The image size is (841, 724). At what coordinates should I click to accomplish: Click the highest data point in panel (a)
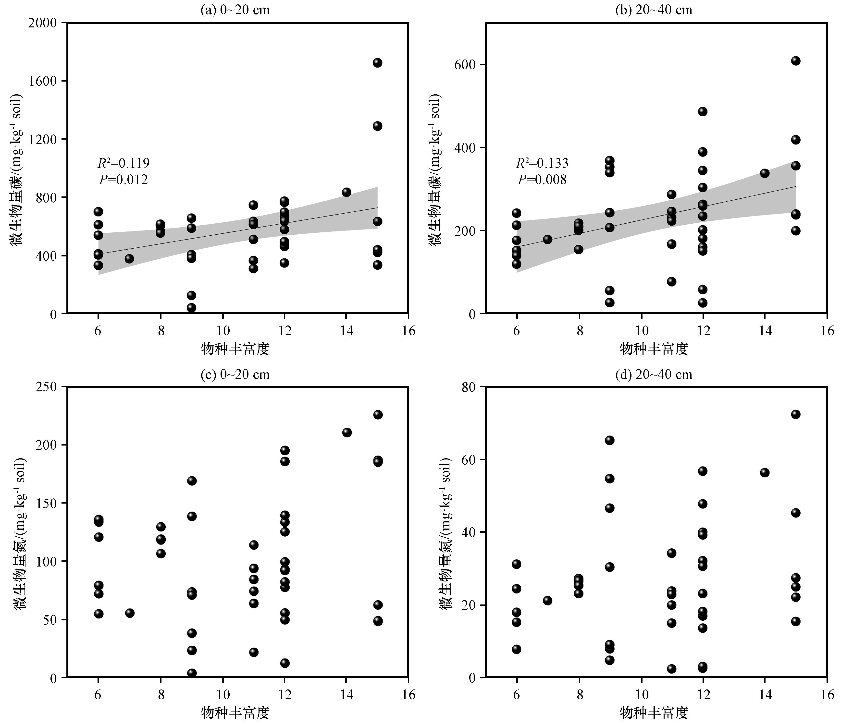click(377, 63)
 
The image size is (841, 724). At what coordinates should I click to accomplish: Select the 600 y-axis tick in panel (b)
click(467, 64)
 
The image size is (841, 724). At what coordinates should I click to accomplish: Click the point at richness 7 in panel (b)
click(547, 239)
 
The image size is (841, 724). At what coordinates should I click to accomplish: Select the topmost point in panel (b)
click(795, 61)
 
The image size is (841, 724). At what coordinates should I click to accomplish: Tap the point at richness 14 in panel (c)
click(347, 432)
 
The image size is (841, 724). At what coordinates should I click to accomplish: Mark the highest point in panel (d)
click(795, 414)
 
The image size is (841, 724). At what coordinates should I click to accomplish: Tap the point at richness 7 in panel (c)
click(129, 613)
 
